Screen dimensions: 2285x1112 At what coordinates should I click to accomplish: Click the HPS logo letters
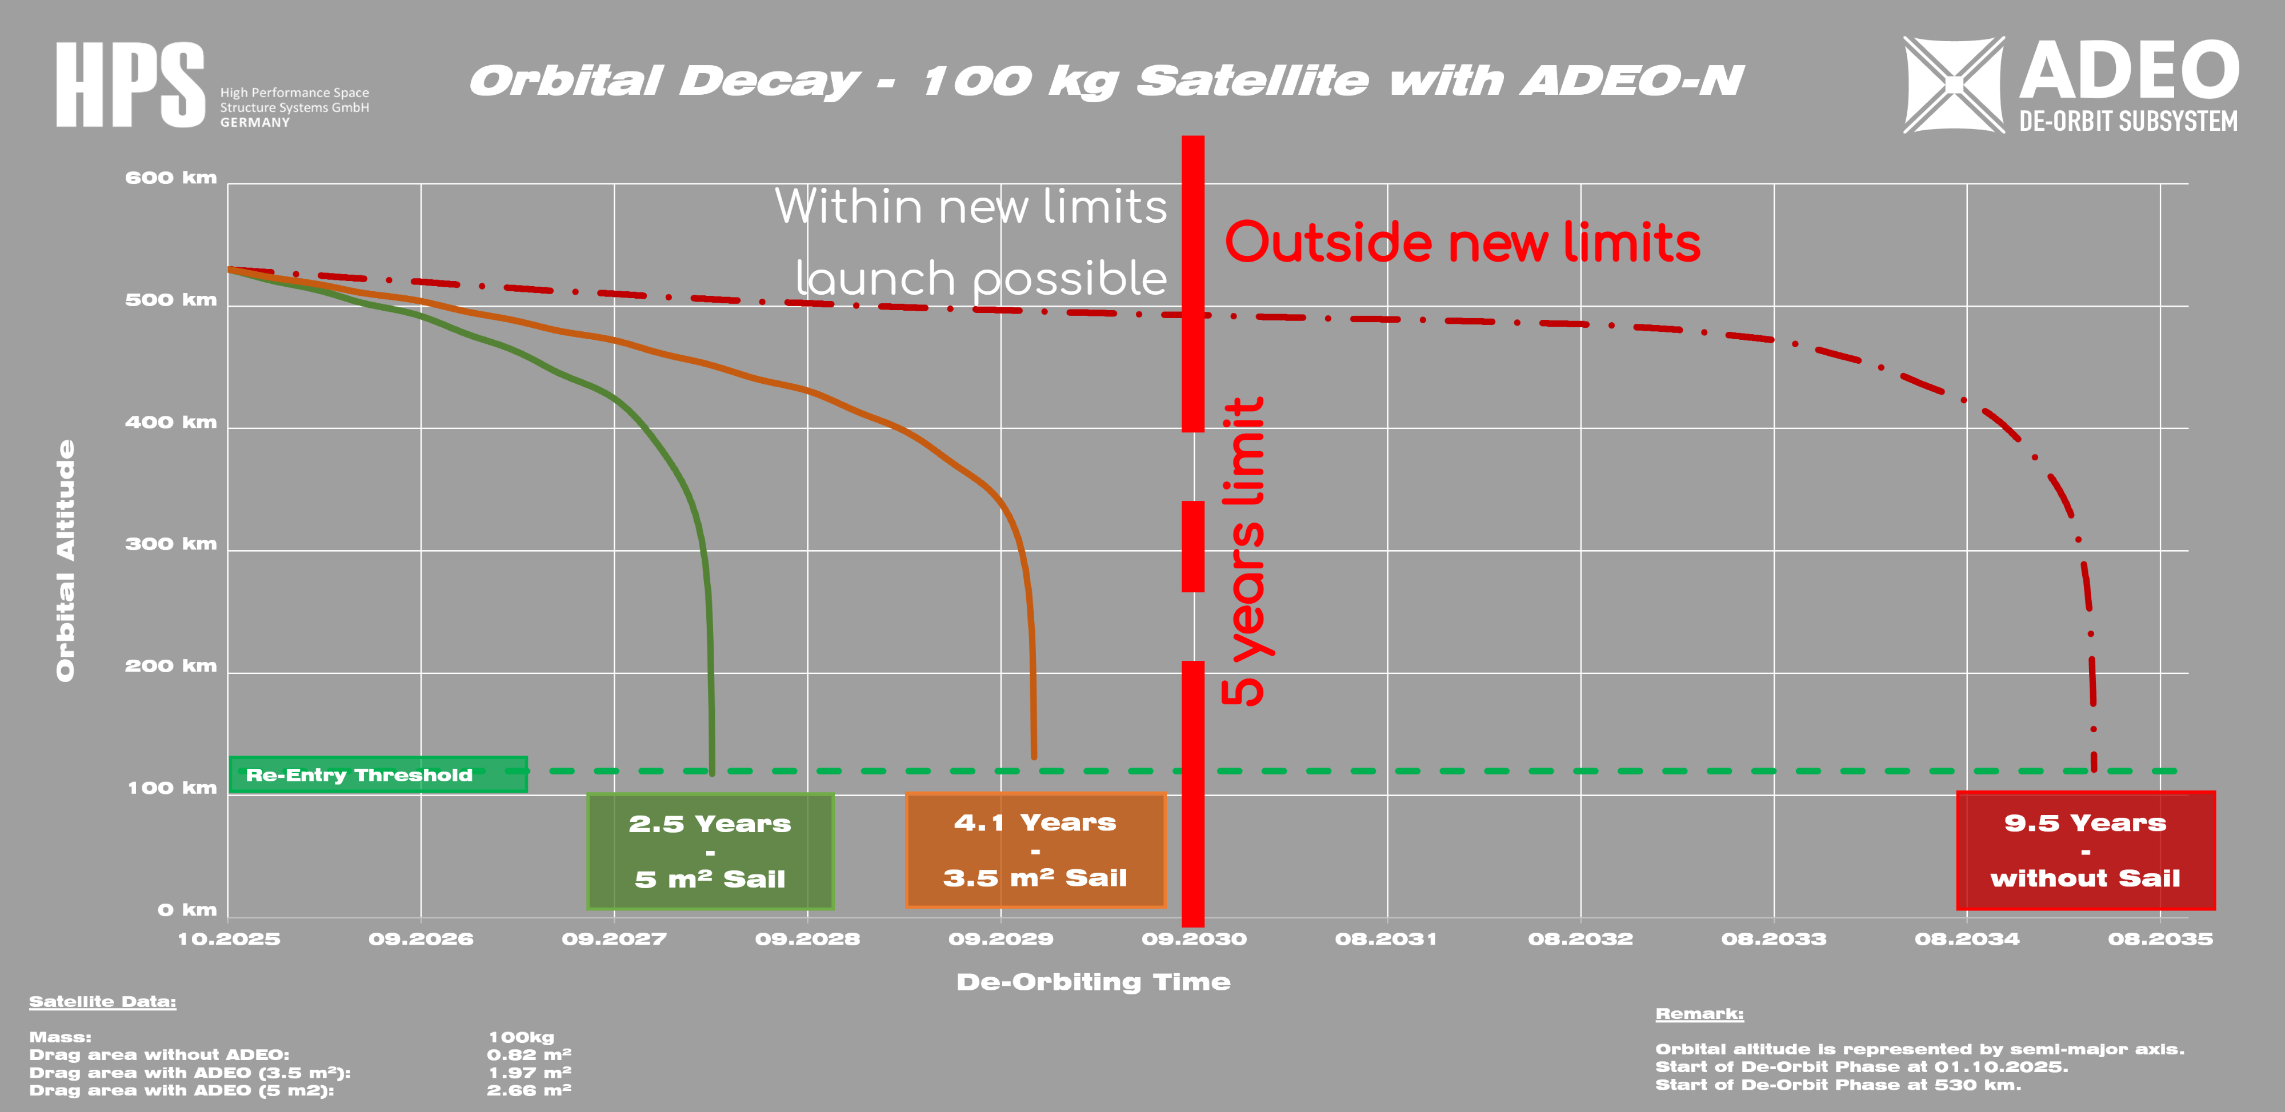coord(130,85)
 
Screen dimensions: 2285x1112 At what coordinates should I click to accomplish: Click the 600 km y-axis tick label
coord(171,178)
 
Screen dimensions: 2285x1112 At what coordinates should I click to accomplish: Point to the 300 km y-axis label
coord(171,544)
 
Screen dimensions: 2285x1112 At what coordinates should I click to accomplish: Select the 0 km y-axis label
coord(187,910)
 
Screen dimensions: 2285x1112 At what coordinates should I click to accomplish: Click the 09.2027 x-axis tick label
coord(614,939)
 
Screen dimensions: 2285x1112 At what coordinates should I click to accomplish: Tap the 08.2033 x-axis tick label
coord(1774,939)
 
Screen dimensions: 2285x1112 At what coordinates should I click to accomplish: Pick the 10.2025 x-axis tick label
coord(229,939)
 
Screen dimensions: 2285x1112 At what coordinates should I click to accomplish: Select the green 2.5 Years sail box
coord(710,852)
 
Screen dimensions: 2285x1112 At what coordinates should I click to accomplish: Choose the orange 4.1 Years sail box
coord(1035,850)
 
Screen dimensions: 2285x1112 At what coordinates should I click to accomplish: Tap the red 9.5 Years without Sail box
coord(2086,850)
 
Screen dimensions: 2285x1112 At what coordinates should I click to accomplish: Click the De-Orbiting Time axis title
coord(1093,982)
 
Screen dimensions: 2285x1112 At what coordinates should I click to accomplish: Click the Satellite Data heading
coord(103,1002)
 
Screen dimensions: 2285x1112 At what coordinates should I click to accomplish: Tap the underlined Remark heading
coord(1699,1014)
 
